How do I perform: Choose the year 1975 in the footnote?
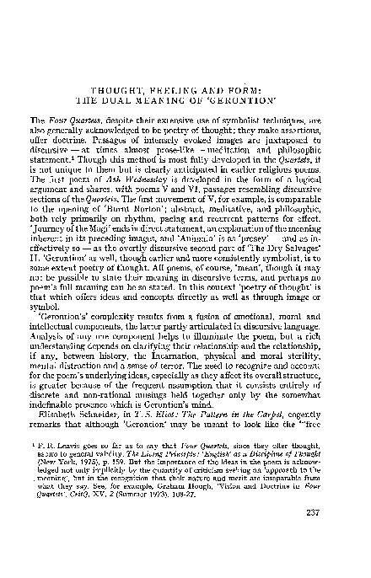(x=97, y=484)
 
